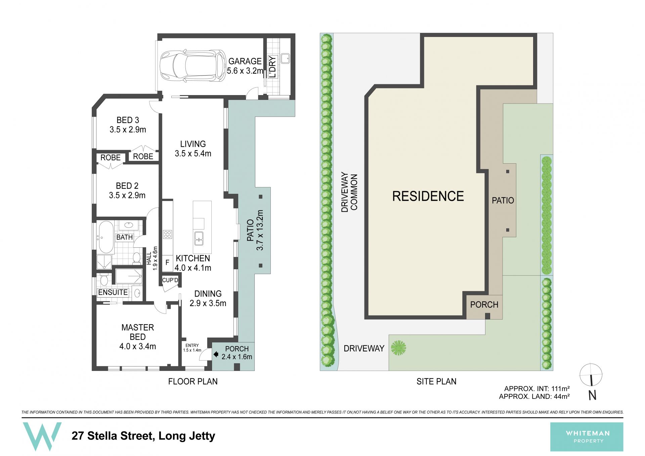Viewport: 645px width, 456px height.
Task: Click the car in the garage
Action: [193, 66]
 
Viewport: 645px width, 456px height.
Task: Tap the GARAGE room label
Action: [245, 61]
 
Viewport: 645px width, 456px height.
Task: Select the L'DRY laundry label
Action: [273, 67]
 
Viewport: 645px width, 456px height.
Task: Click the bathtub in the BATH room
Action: [106, 237]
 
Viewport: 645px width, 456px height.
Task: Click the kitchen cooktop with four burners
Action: [168, 234]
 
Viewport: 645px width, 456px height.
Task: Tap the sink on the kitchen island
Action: [199, 238]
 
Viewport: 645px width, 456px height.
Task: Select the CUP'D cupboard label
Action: [170, 280]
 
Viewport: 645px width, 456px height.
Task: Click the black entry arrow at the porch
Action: [216, 354]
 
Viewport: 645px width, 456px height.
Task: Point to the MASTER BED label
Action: [138, 332]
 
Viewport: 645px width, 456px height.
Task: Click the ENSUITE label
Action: [113, 292]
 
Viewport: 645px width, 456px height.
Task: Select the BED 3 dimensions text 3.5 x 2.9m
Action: [128, 130]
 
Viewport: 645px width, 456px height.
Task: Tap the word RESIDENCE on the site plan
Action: [428, 196]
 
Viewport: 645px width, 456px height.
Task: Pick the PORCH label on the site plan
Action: [484, 305]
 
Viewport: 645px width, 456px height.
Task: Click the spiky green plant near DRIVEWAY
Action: [398, 348]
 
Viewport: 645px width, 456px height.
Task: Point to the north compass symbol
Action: [591, 381]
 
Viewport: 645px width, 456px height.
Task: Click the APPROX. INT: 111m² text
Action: [537, 389]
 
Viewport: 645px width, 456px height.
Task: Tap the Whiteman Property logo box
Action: [587, 437]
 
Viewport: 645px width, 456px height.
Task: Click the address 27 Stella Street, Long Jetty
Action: [143, 436]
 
